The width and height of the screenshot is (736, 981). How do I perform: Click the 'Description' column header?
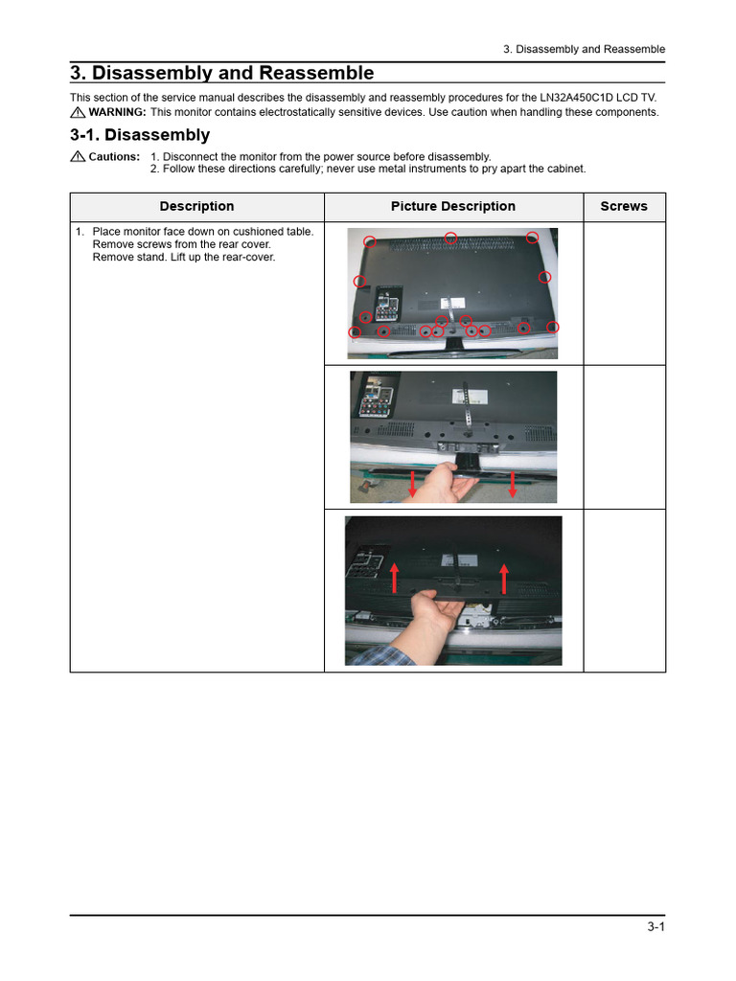[x=196, y=206]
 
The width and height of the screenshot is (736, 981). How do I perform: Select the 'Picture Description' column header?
[x=452, y=206]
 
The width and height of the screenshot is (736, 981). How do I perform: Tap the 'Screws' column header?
[x=623, y=206]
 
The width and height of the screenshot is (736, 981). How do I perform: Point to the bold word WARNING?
[x=117, y=112]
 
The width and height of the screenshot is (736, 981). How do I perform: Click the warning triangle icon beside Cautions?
[x=78, y=156]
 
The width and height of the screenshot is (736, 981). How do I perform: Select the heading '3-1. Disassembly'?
[x=140, y=135]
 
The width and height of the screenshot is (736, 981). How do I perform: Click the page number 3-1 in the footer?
[x=655, y=926]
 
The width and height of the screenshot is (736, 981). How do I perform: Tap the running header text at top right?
[x=585, y=49]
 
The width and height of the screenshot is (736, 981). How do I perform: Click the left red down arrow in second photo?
[x=412, y=484]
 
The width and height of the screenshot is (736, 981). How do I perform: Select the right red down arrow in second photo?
[x=513, y=484]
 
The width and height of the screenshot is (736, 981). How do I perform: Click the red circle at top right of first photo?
[x=532, y=238]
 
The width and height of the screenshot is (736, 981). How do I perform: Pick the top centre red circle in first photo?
[x=450, y=238]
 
